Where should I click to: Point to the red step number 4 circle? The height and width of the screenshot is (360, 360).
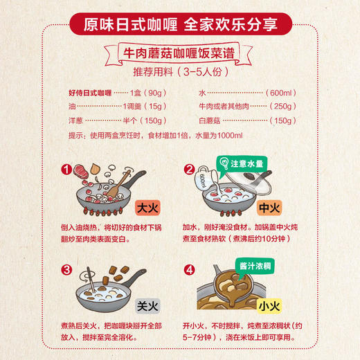click(x=188, y=270)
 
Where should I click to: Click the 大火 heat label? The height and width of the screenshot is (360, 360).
click(x=148, y=206)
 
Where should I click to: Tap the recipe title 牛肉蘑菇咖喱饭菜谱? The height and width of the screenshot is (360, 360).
click(x=179, y=54)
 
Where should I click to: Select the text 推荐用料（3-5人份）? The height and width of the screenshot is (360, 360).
click(x=179, y=73)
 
